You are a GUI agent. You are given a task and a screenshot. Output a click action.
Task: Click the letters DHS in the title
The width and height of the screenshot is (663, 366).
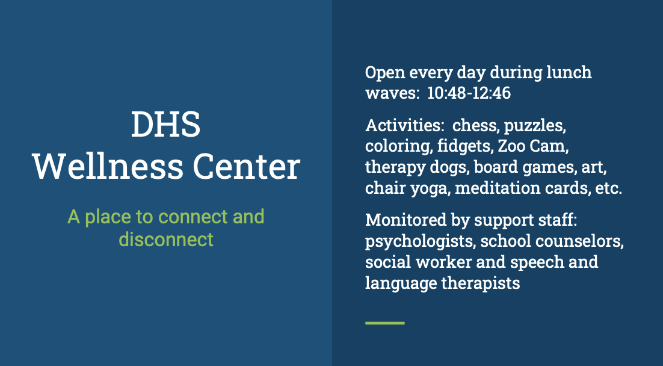[x=166, y=125]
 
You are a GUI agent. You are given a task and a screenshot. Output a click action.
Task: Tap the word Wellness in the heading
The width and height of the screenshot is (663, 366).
[x=108, y=166]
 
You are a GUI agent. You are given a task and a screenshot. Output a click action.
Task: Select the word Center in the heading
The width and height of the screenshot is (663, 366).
[x=247, y=166]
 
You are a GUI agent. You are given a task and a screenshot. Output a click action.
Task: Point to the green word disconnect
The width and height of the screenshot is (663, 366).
[x=166, y=239]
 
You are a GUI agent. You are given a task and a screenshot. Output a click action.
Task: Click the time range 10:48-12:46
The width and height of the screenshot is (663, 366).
[x=469, y=93]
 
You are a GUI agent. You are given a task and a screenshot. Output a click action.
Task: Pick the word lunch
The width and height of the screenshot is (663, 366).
[x=569, y=72]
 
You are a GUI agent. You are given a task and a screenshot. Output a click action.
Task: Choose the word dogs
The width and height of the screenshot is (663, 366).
[x=448, y=167]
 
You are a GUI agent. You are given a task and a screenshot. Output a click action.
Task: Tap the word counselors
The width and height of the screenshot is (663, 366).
[x=580, y=241]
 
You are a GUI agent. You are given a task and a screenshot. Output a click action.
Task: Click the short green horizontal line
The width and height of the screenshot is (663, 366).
[x=385, y=323]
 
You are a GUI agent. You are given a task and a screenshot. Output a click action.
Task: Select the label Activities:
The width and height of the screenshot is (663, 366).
[x=404, y=125]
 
